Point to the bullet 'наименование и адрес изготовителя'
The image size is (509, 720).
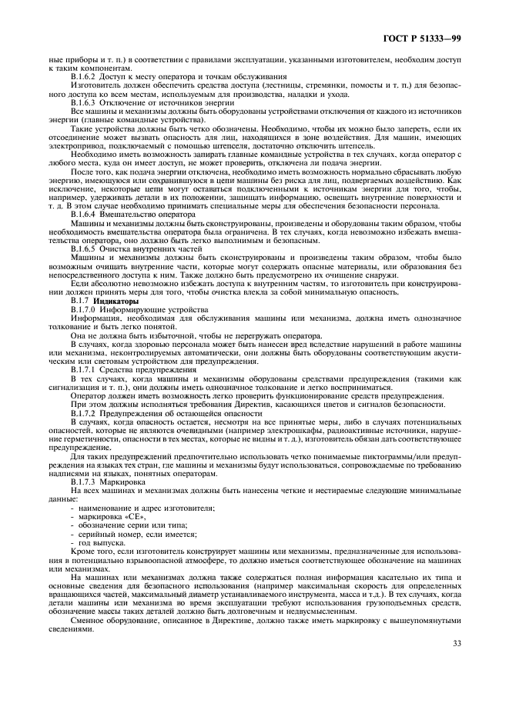tap(146, 508)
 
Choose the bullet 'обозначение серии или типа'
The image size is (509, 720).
tap(127, 525)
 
